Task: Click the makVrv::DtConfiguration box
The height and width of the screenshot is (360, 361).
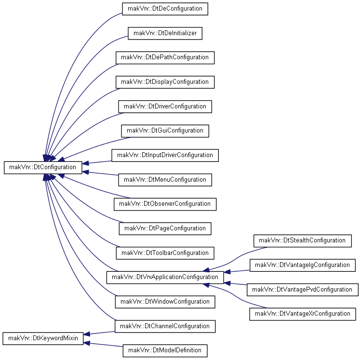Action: [43, 167]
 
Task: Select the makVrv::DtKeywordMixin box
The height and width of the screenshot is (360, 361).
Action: [43, 338]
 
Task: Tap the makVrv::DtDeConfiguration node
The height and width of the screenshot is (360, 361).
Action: [165, 9]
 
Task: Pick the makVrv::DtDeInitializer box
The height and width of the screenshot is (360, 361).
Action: [165, 33]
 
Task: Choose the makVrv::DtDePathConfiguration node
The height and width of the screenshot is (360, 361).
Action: [165, 58]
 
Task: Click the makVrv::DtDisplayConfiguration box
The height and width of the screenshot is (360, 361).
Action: [165, 82]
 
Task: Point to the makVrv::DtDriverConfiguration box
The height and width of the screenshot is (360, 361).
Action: [165, 107]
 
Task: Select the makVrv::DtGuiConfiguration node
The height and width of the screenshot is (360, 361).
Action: [165, 131]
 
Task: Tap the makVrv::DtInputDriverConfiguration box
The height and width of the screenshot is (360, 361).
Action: [165, 155]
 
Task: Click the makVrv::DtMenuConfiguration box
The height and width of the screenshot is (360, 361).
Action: [165, 180]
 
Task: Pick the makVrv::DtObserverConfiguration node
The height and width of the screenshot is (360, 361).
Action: [165, 204]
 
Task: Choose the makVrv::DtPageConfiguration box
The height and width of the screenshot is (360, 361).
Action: [165, 228]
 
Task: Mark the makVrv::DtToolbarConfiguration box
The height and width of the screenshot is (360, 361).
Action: [165, 253]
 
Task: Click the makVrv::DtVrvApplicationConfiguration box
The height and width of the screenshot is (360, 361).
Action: [165, 278]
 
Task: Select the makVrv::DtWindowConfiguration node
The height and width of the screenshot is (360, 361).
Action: [165, 302]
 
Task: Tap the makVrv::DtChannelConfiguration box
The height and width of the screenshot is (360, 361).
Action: [165, 326]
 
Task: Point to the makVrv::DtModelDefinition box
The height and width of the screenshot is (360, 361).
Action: [165, 350]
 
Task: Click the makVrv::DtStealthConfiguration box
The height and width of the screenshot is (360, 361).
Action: [302, 241]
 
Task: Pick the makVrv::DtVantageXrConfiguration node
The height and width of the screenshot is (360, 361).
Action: [302, 314]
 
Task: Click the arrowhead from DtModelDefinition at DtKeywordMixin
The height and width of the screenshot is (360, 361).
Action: [86, 343]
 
